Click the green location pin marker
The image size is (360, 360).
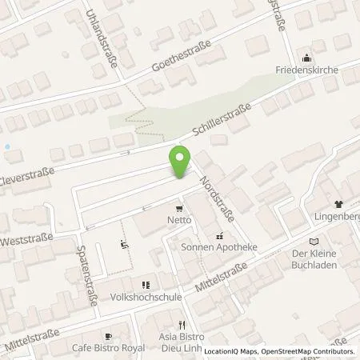tap(180, 160)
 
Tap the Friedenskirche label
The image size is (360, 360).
tap(308, 70)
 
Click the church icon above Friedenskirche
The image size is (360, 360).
tap(308, 58)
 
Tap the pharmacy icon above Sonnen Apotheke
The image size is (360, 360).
tap(219, 236)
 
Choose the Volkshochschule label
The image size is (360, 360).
tap(146, 296)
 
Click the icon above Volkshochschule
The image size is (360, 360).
tap(146, 284)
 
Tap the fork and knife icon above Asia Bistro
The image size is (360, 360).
tap(183, 325)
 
